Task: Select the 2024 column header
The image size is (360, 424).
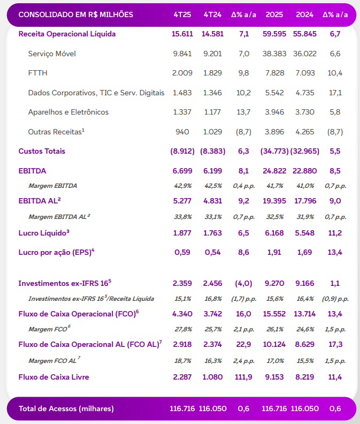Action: click(x=305, y=14)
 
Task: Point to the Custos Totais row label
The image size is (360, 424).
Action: click(x=42, y=151)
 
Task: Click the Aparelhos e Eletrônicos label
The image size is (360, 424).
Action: click(x=68, y=112)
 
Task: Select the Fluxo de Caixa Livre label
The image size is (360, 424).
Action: click(x=53, y=377)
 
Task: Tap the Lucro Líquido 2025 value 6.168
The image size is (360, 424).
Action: click(x=274, y=232)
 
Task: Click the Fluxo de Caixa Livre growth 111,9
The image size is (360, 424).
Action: click(x=243, y=377)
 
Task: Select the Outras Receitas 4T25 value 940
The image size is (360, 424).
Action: click(x=182, y=132)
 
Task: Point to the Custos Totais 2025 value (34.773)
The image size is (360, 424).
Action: click(x=274, y=151)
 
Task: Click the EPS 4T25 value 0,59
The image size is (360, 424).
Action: click(x=182, y=252)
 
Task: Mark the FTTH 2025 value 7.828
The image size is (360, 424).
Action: click(x=274, y=73)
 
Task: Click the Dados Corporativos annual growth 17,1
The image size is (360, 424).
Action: click(x=335, y=93)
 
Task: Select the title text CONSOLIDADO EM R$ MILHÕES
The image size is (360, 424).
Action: click(x=76, y=14)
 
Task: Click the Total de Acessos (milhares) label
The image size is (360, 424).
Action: click(x=66, y=408)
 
